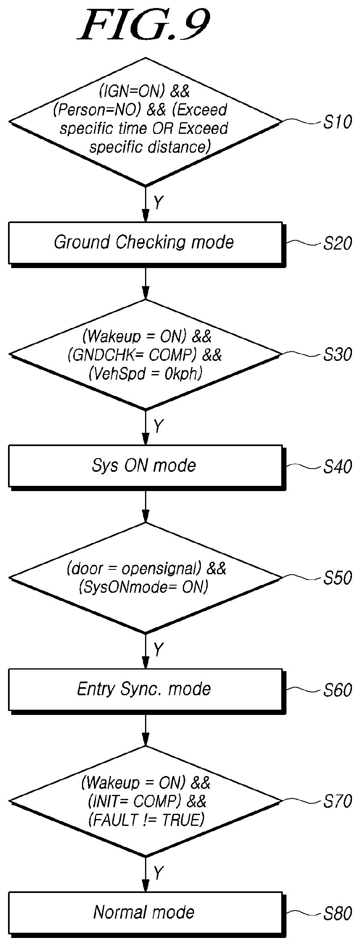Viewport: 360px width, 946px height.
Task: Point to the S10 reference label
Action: coord(337,122)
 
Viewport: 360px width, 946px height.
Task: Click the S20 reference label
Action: coord(337,243)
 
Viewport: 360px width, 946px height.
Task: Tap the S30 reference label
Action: coord(337,354)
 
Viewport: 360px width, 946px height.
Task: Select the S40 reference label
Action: coord(337,467)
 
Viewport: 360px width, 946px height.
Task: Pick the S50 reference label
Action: coord(337,578)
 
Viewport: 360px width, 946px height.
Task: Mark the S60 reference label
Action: coord(337,690)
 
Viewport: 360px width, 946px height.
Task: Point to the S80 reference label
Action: coord(337,913)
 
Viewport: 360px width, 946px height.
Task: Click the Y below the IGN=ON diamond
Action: coord(159,203)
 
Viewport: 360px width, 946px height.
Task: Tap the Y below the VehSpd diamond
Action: coord(159,426)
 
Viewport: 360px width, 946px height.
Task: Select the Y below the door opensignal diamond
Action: coord(159,649)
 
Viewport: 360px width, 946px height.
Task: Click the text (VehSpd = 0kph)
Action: coord(145,374)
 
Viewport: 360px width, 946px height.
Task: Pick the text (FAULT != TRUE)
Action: coord(146,820)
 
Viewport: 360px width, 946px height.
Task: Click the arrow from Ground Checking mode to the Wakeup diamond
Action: coord(145,283)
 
